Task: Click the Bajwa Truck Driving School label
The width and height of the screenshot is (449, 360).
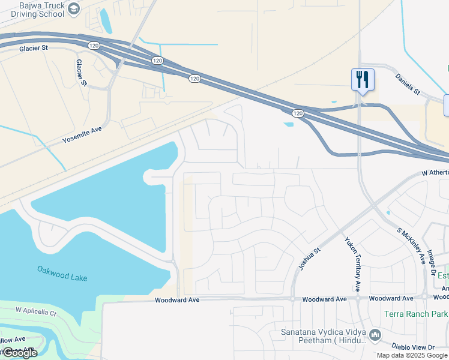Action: pyautogui.click(x=33, y=10)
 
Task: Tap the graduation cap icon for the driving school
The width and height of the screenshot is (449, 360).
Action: pyautogui.click(x=74, y=8)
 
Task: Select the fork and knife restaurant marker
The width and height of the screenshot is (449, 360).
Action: pyautogui.click(x=363, y=80)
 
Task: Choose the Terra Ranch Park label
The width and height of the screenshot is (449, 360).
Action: pyautogui.click(x=416, y=314)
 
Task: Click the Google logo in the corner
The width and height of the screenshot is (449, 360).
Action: pyautogui.click(x=19, y=353)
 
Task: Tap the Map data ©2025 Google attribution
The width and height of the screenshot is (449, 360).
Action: pyautogui.click(x=412, y=355)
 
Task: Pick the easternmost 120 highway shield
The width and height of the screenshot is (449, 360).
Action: pyautogui.click(x=298, y=113)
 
